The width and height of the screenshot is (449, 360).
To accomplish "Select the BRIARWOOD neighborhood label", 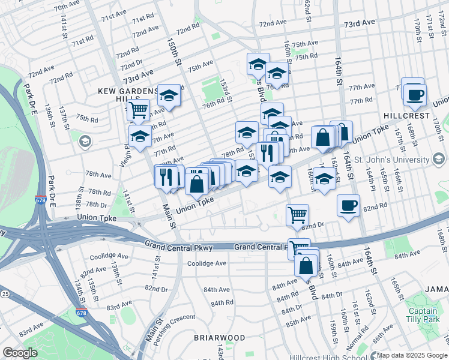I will pyautogui.click(x=219, y=338).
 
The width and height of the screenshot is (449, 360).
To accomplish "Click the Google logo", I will pyautogui.click(x=20, y=353).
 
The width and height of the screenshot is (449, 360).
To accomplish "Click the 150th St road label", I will pyautogui.click(x=175, y=51).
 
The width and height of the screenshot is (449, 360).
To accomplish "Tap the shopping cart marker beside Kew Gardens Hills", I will pyautogui.click(x=138, y=109).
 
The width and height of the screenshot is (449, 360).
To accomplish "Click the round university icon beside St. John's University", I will pyautogui.click(x=439, y=159).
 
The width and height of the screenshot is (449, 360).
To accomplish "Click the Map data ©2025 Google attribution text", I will pyautogui.click(x=411, y=355).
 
